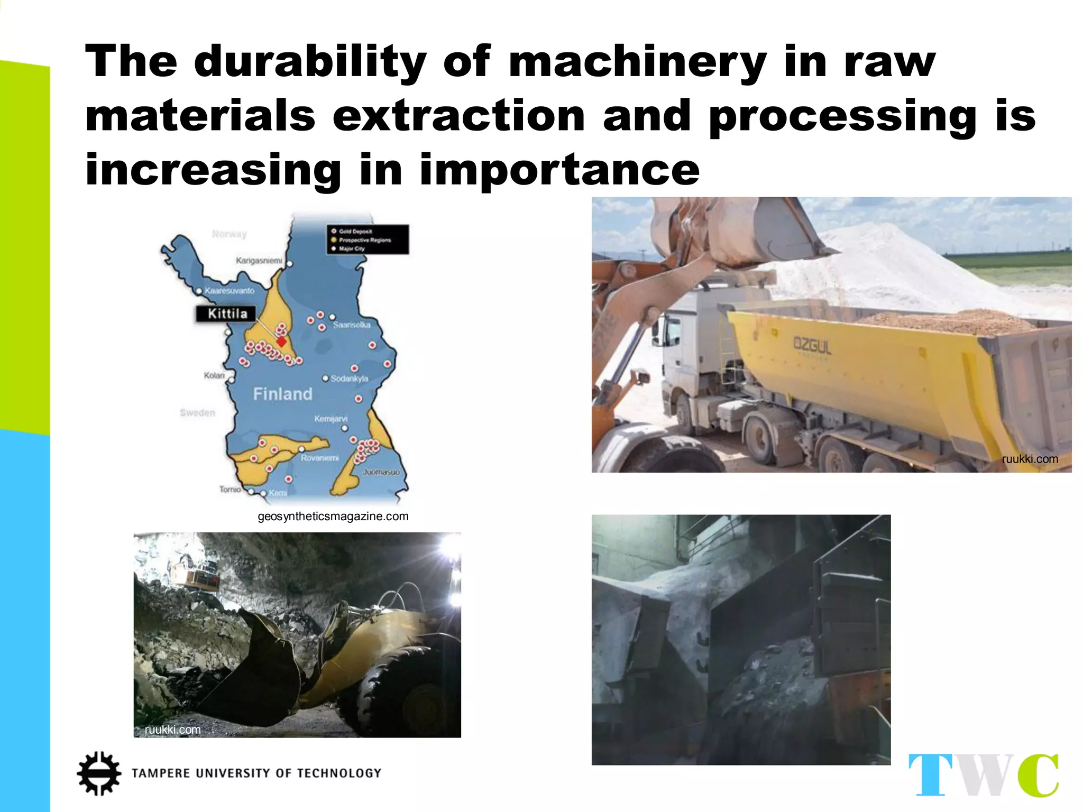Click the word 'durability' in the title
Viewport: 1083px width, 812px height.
coord(310,62)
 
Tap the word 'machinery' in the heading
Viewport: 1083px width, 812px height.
coord(637,62)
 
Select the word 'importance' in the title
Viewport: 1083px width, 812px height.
coord(559,170)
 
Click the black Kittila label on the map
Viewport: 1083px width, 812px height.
coord(227,314)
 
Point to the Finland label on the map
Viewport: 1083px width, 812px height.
coord(282,394)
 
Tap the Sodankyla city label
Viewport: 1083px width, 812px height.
coord(349,379)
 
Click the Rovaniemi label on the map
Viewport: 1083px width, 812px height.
coord(319,458)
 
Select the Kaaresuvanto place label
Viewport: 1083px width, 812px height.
coord(229,291)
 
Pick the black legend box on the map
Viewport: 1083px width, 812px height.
coord(367,239)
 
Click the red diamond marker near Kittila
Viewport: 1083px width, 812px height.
coord(282,342)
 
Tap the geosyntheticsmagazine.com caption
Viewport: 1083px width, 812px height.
coord(333,516)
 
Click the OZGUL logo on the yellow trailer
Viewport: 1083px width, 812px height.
coord(812,346)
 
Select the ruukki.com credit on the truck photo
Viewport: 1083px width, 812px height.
coord(1030,459)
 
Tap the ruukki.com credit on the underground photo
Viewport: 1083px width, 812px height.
coord(173,730)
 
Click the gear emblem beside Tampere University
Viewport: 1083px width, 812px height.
coord(99,773)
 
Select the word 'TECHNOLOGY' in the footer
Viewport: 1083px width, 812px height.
coord(339,773)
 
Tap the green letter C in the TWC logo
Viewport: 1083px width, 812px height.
coord(1039,775)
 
